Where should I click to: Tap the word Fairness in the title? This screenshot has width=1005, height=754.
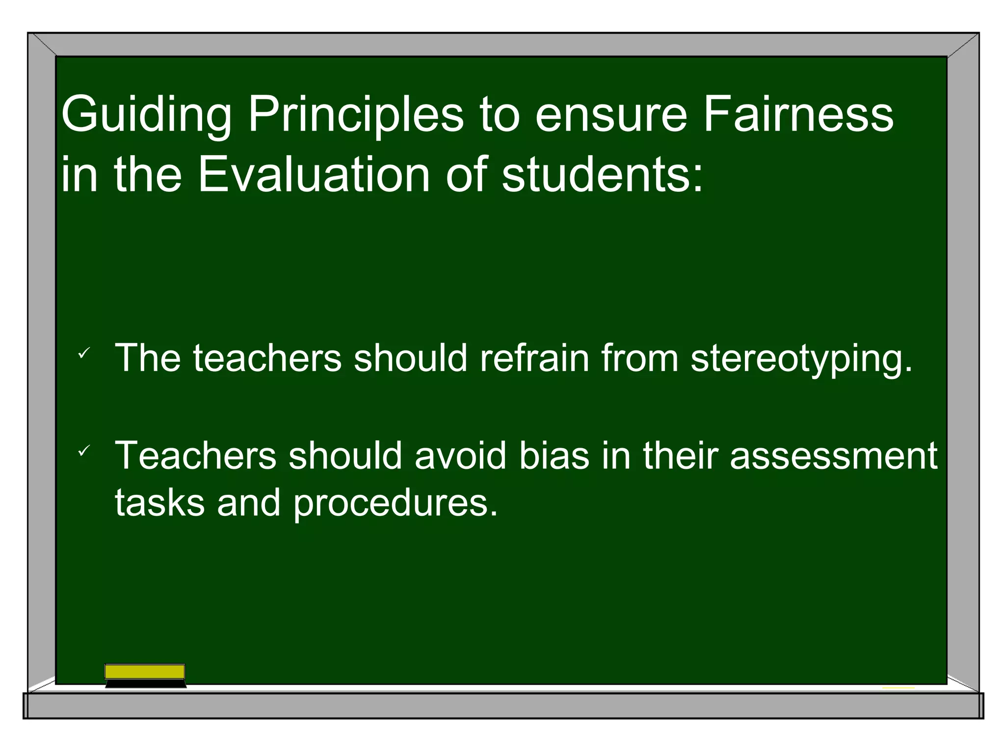798,115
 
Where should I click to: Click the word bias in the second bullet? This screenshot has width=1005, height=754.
554,456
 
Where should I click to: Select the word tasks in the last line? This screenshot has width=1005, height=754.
159,503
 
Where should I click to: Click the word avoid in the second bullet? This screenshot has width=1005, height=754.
460,456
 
